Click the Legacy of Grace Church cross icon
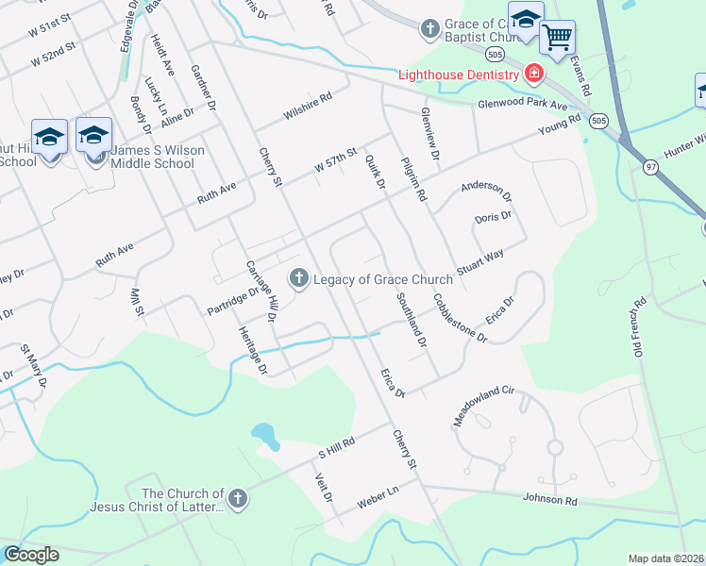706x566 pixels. (x=298, y=276)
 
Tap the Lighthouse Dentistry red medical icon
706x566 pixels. (x=533, y=74)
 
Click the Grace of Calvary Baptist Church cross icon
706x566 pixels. (x=429, y=28)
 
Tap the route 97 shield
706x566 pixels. (x=624, y=167)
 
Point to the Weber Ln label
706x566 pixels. (x=378, y=499)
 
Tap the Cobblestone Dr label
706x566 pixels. (x=460, y=318)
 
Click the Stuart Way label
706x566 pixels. (x=480, y=261)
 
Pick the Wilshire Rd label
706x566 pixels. (x=309, y=108)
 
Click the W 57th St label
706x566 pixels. (x=336, y=159)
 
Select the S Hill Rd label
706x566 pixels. (x=335, y=447)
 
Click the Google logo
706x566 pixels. (x=31, y=555)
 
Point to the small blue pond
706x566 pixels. (x=266, y=436)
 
